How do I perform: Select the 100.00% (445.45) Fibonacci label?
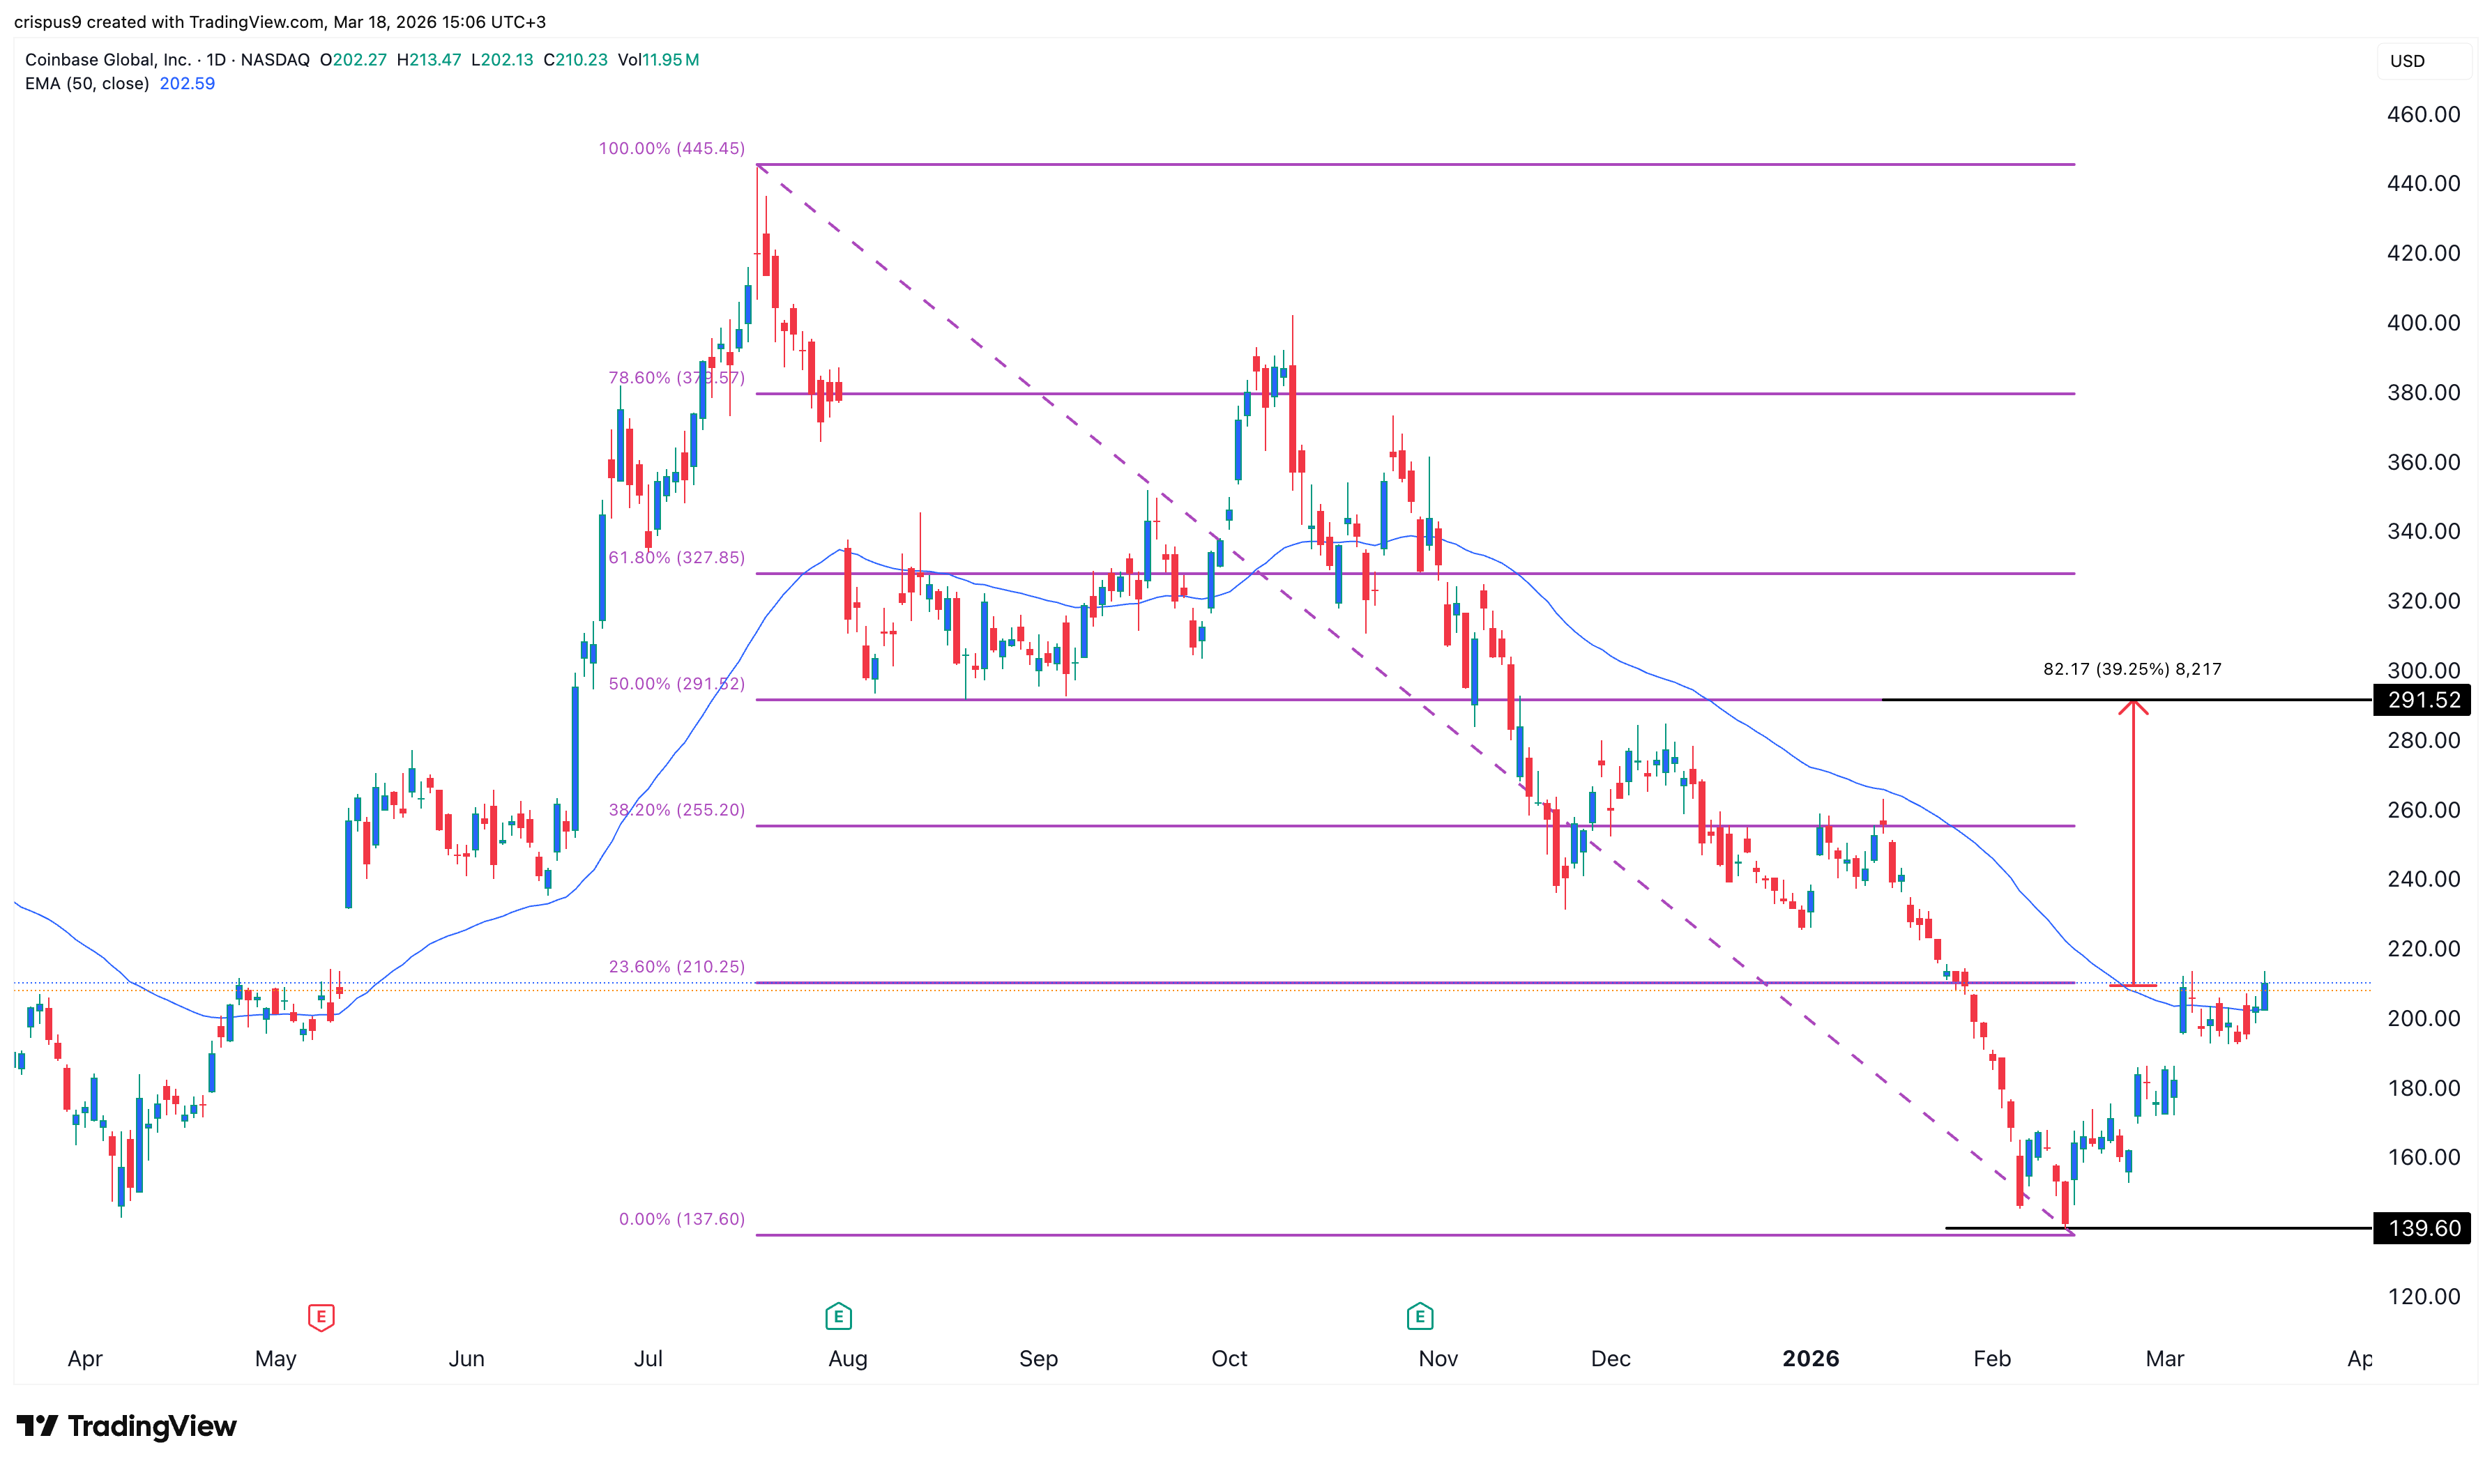tap(671, 148)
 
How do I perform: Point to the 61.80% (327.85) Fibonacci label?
tap(676, 558)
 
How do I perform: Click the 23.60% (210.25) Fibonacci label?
tap(676, 966)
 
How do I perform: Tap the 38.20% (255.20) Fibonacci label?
tap(676, 810)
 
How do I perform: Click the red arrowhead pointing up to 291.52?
tap(2133, 706)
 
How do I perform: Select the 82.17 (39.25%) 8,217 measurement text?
tap(2132, 670)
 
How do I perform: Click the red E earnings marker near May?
tap(321, 1317)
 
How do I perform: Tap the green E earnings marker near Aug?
tap(838, 1317)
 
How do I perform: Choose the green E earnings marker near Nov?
tap(1420, 1317)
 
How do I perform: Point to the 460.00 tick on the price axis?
tap(2423, 115)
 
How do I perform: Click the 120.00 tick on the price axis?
tap(2423, 1297)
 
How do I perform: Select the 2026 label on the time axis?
tap(1810, 1359)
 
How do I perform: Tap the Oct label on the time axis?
tap(1229, 1359)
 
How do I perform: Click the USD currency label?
tap(2407, 61)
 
